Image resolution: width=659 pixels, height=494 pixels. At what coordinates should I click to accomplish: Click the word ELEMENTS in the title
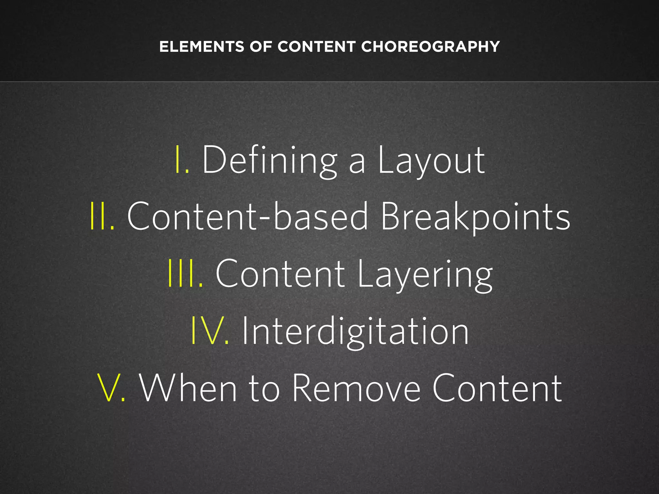pyautogui.click(x=201, y=47)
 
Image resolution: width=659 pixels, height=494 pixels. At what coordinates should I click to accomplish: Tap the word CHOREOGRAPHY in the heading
pyautogui.click(x=430, y=47)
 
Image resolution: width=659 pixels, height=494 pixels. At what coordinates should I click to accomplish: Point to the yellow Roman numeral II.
pyautogui.click(x=102, y=216)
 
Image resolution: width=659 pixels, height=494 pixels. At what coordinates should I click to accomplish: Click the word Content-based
pyautogui.click(x=247, y=216)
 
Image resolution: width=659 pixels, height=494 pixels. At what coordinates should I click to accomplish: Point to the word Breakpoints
pyautogui.click(x=475, y=216)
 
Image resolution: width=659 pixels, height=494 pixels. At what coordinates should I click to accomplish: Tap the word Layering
pyautogui.click(x=425, y=274)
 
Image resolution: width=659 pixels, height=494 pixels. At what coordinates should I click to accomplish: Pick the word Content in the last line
pyautogui.click(x=497, y=388)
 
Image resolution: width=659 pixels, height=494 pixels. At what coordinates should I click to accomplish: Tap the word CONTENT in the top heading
pyautogui.click(x=316, y=47)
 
